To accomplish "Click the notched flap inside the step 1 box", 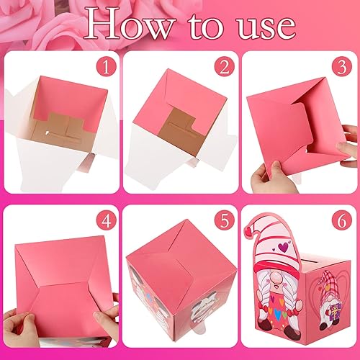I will tap(61, 130).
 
